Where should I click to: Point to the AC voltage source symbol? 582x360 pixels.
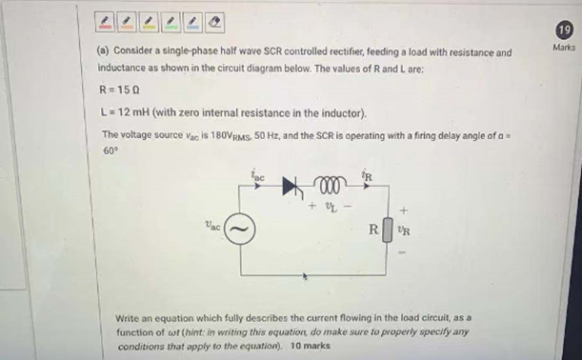coord(243,230)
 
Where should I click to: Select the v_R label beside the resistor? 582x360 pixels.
coord(404,230)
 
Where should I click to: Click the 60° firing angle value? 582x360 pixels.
coord(108,150)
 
